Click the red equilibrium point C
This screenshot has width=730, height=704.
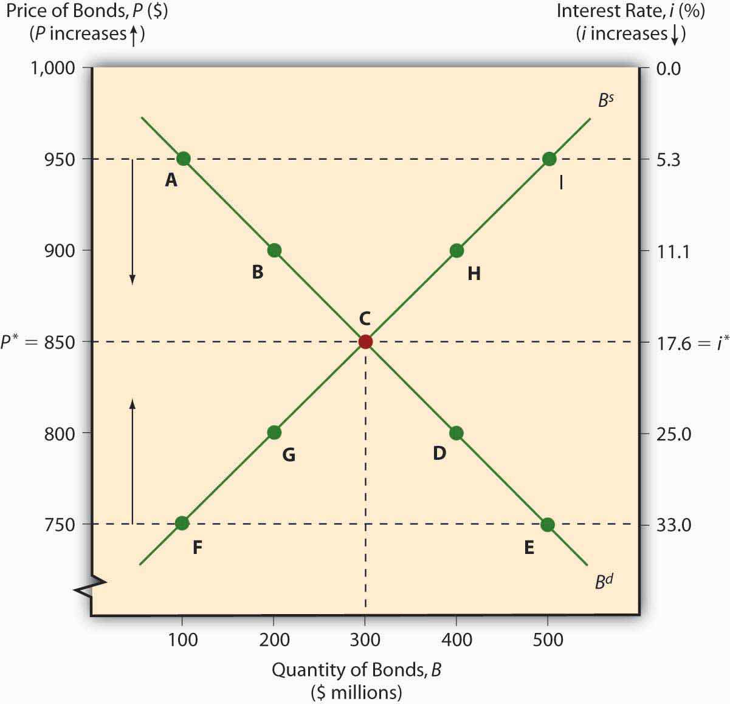pos(365,341)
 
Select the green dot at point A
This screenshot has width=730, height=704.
pos(183,159)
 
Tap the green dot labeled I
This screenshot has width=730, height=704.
pos(549,159)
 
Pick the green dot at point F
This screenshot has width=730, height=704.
pos(182,523)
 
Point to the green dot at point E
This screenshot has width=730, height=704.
pos(547,524)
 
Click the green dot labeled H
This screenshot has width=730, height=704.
pos(456,250)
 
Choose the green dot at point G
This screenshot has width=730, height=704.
pos(274,432)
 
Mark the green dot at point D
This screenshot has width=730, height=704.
pos(456,432)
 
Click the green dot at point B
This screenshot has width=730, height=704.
pos(274,250)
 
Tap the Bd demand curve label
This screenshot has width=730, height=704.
pos(604,581)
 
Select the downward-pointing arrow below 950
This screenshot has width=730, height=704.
pos(133,222)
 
